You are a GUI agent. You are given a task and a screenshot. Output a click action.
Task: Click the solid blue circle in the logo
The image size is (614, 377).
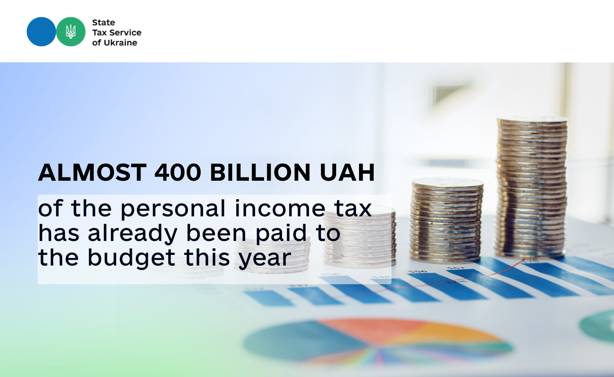click(x=41, y=32)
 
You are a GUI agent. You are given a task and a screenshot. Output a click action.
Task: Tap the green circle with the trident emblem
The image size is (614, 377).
click(x=71, y=32)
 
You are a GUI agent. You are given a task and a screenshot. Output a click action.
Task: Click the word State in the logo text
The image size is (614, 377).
click(x=104, y=23)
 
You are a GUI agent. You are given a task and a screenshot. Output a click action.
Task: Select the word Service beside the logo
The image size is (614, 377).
click(x=125, y=33)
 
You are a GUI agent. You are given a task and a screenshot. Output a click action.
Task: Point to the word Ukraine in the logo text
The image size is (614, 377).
click(x=120, y=43)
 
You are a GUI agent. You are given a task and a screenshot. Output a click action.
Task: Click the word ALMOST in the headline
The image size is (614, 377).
click(x=93, y=173)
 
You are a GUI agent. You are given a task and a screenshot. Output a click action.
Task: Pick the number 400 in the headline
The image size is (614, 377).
click(x=178, y=173)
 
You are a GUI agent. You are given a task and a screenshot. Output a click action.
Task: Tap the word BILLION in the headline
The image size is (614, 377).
click(x=260, y=173)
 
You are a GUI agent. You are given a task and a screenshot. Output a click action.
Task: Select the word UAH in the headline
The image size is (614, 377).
click(x=347, y=173)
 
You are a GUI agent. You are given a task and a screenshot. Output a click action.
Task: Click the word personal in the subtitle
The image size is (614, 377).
click(x=173, y=209)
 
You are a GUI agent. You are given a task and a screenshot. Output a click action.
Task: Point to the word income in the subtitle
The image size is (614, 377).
click(x=280, y=209)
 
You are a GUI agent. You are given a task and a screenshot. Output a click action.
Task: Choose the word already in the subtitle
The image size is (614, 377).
click(x=133, y=234)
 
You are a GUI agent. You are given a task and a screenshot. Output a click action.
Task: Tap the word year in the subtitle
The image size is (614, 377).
click(x=264, y=259)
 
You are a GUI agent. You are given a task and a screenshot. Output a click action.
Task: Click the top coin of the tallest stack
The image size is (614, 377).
click(x=532, y=120)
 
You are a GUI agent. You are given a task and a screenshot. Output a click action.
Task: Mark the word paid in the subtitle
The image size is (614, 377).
click(x=281, y=234)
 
